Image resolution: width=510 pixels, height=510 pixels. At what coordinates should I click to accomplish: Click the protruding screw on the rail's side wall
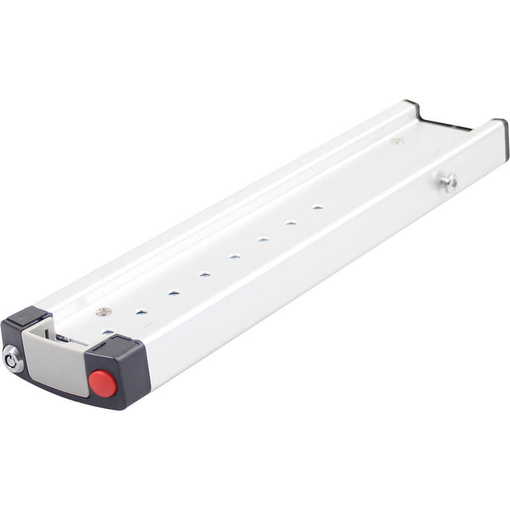tap(449, 183)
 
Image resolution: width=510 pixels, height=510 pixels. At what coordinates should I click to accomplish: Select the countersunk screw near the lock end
tap(104, 311)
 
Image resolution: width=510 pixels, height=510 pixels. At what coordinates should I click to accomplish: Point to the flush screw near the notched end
tap(397, 141)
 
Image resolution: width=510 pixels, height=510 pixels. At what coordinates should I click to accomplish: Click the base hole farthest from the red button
tap(317, 207)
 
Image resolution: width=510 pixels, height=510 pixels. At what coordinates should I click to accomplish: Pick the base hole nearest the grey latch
tap(108, 332)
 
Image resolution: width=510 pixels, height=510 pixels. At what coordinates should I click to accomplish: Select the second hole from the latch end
tap(142, 312)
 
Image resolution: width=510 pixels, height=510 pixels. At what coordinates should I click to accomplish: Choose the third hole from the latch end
tap(173, 293)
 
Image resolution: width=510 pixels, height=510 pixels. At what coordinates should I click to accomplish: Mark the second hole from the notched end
tap(291, 223)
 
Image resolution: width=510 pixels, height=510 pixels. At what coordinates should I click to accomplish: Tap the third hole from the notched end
tap(263, 240)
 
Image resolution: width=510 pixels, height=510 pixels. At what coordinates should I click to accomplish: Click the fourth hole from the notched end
tap(235, 257)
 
